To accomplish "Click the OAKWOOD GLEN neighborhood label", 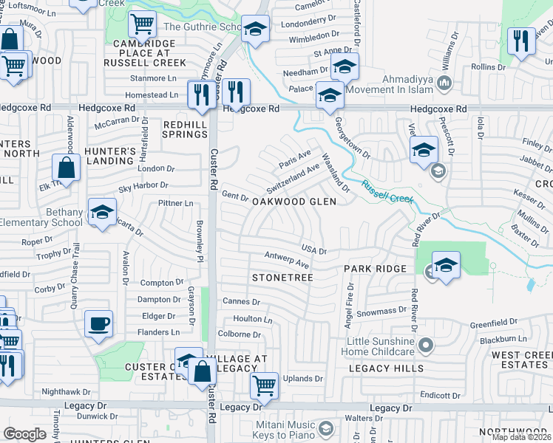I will point(295,202).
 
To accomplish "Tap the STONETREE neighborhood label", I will point(283,278).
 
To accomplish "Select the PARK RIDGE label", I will point(375,269).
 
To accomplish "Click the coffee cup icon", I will point(98,323).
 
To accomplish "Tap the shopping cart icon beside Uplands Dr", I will point(263,384).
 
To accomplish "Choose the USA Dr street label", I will point(313,250).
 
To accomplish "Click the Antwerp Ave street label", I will point(287,260).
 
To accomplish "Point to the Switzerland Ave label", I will point(293,177).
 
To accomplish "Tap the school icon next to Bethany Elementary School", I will point(101,212).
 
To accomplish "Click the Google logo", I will point(24,435).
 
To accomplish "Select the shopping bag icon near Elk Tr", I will point(67,168).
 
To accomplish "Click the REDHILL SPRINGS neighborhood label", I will point(184,130).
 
